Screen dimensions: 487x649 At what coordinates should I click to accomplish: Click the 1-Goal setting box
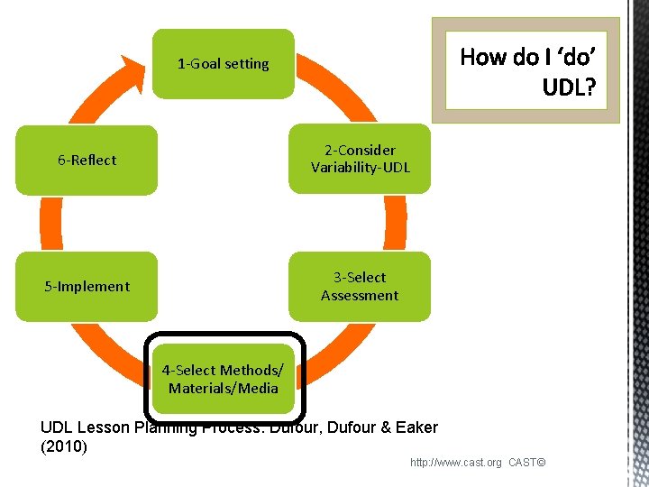tap(223, 64)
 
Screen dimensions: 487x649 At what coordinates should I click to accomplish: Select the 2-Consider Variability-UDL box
tap(360, 159)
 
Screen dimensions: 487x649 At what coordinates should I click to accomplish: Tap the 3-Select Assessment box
tap(360, 286)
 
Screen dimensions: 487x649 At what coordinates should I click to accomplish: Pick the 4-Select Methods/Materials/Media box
tap(223, 379)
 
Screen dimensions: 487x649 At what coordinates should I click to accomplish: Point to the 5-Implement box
tap(87, 287)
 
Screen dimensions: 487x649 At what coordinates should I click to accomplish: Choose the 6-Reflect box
tap(87, 160)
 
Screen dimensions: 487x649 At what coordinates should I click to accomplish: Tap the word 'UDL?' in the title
tap(568, 87)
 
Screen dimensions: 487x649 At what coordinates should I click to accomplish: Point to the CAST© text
tap(527, 463)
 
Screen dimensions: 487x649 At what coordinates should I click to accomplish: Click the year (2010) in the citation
tap(64, 446)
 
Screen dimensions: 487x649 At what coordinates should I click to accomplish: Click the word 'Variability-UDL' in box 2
tap(361, 168)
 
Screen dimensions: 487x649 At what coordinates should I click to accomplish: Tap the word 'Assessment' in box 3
tap(360, 296)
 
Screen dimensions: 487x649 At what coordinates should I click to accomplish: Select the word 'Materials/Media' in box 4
tap(223, 389)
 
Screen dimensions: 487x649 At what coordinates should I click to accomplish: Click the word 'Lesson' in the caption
tap(99, 427)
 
